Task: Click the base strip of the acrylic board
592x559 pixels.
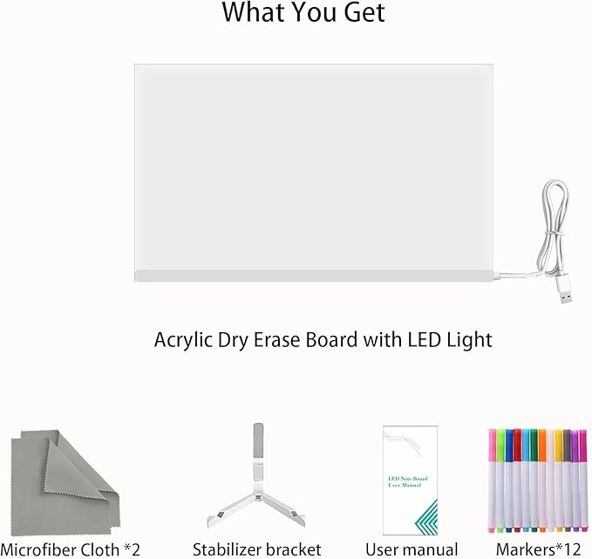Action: [x=314, y=276]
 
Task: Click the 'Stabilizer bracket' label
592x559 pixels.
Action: [x=257, y=549]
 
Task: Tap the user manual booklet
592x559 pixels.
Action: [x=410, y=479]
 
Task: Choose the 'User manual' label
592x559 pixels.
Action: [x=411, y=549]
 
